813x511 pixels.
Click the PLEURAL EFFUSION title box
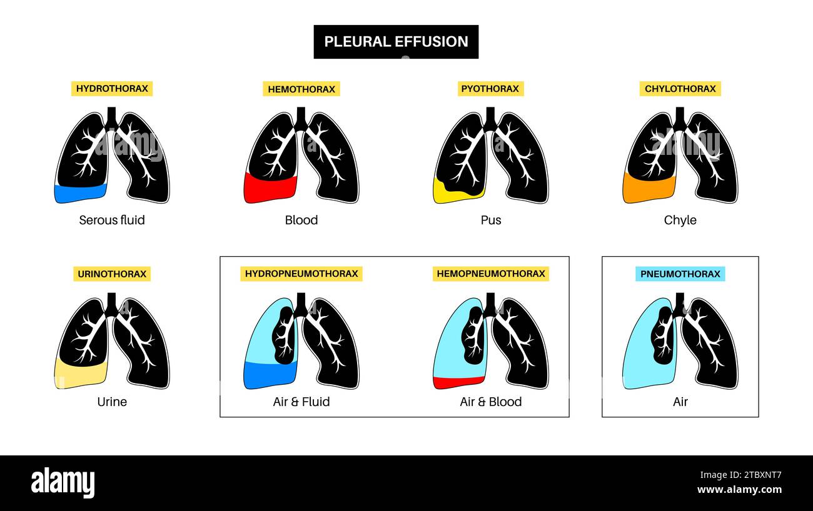[x=396, y=42]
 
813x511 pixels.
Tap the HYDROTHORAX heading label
[x=112, y=89]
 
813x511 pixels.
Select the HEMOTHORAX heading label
[x=301, y=89]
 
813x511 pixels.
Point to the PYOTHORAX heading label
[x=490, y=89]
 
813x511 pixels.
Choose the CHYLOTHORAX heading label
[x=680, y=89]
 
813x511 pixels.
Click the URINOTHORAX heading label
[x=112, y=274]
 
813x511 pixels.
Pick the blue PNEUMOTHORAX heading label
[x=680, y=274]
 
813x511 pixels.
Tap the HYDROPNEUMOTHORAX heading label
[x=301, y=274]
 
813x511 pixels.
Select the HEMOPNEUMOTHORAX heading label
[x=490, y=274]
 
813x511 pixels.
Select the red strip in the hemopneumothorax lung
[x=457, y=382]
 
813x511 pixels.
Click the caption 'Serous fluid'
[x=112, y=220]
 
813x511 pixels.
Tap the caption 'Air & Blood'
[x=490, y=402]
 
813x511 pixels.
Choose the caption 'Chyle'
[x=680, y=220]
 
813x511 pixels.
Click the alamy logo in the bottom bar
[x=63, y=483]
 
